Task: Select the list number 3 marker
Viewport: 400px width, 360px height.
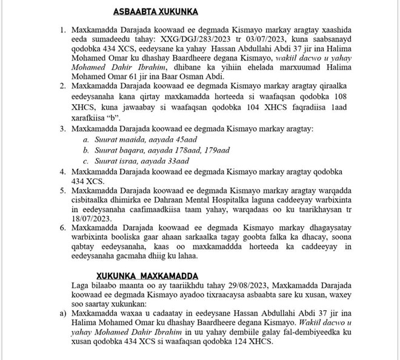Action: pyautogui.click(x=63, y=129)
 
